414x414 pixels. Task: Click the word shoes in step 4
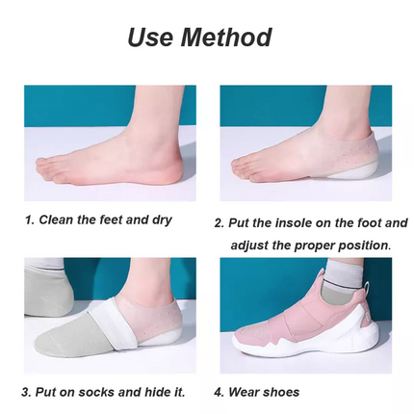tap(280, 392)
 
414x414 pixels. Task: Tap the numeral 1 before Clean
tap(28, 220)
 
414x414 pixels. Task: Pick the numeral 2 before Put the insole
tap(219, 222)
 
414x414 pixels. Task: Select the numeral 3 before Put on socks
tap(25, 392)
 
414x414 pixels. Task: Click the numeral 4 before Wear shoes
tap(219, 392)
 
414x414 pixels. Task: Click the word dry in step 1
tap(162, 220)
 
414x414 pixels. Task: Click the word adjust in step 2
tap(250, 246)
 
